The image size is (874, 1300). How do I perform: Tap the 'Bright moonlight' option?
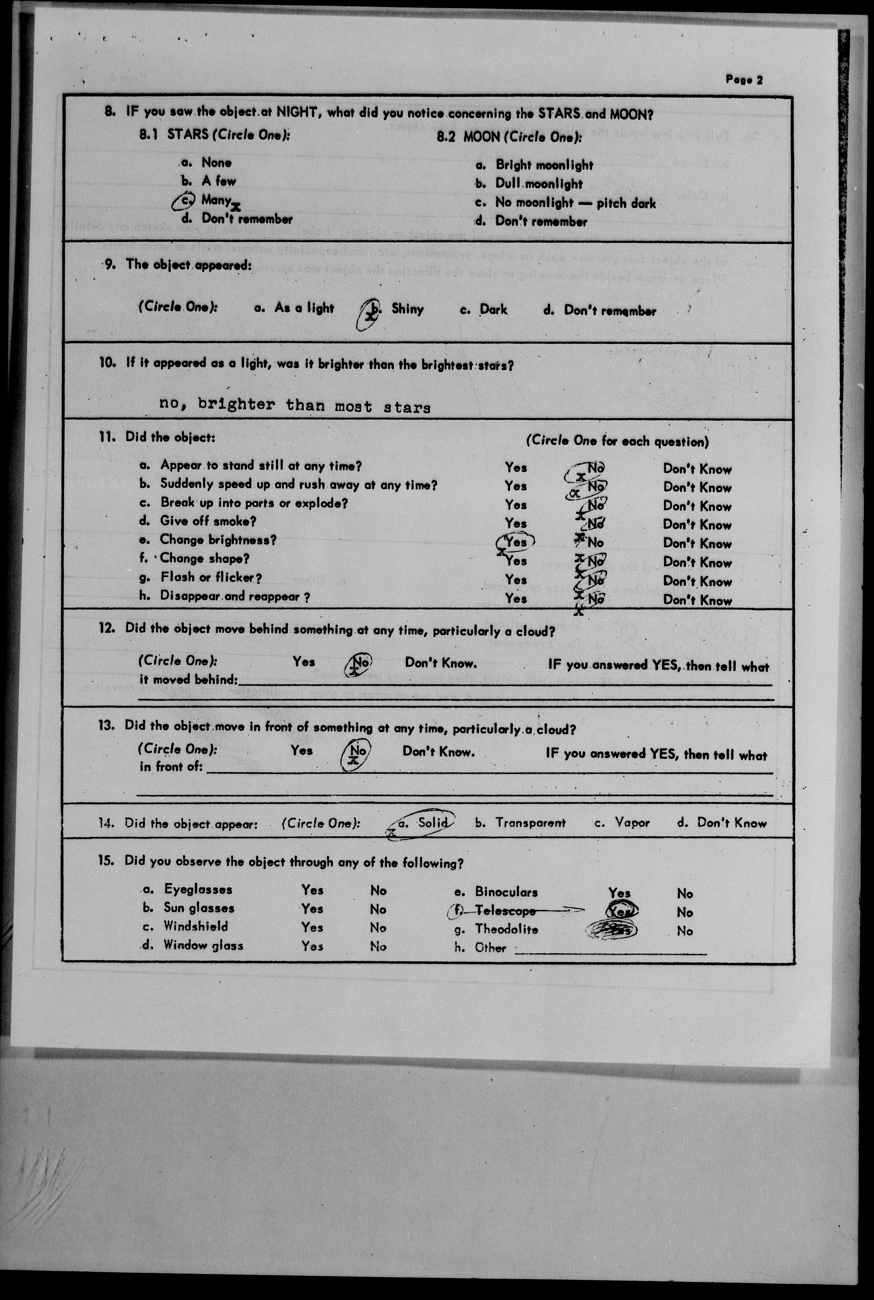[544, 165]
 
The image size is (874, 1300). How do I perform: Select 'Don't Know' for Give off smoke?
[697, 525]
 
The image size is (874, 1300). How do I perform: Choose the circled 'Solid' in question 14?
[432, 822]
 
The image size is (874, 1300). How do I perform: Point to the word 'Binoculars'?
[506, 892]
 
